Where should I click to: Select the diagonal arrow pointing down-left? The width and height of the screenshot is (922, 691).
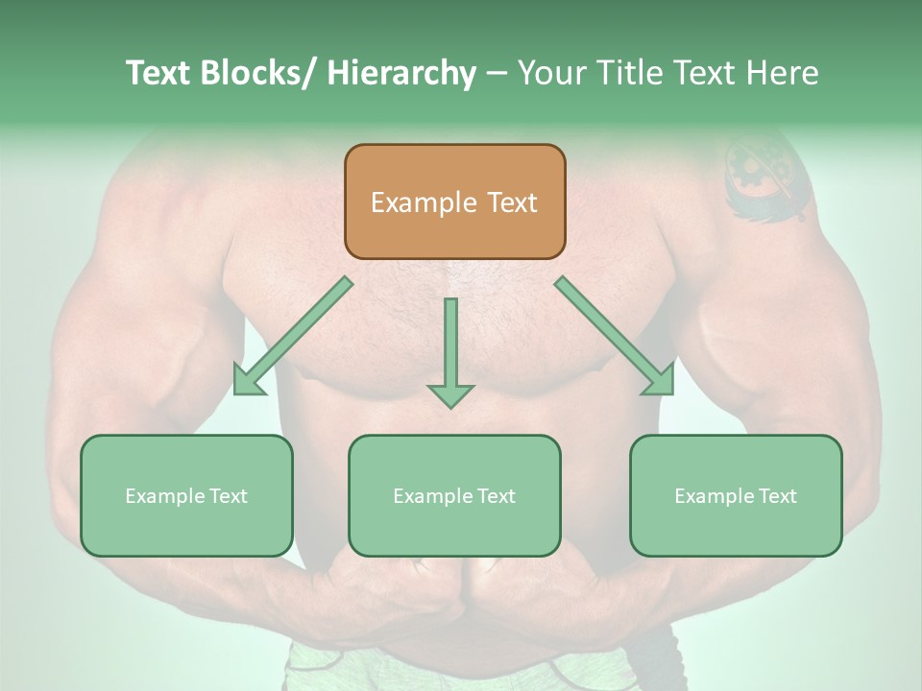pyautogui.click(x=293, y=336)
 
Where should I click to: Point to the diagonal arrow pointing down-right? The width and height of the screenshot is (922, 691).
pyautogui.click(x=615, y=336)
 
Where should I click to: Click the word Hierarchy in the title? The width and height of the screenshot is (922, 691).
pyautogui.click(x=401, y=73)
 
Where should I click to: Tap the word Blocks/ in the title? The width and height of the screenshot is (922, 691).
pyautogui.click(x=256, y=73)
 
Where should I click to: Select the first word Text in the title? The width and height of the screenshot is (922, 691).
pyautogui.click(x=158, y=73)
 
